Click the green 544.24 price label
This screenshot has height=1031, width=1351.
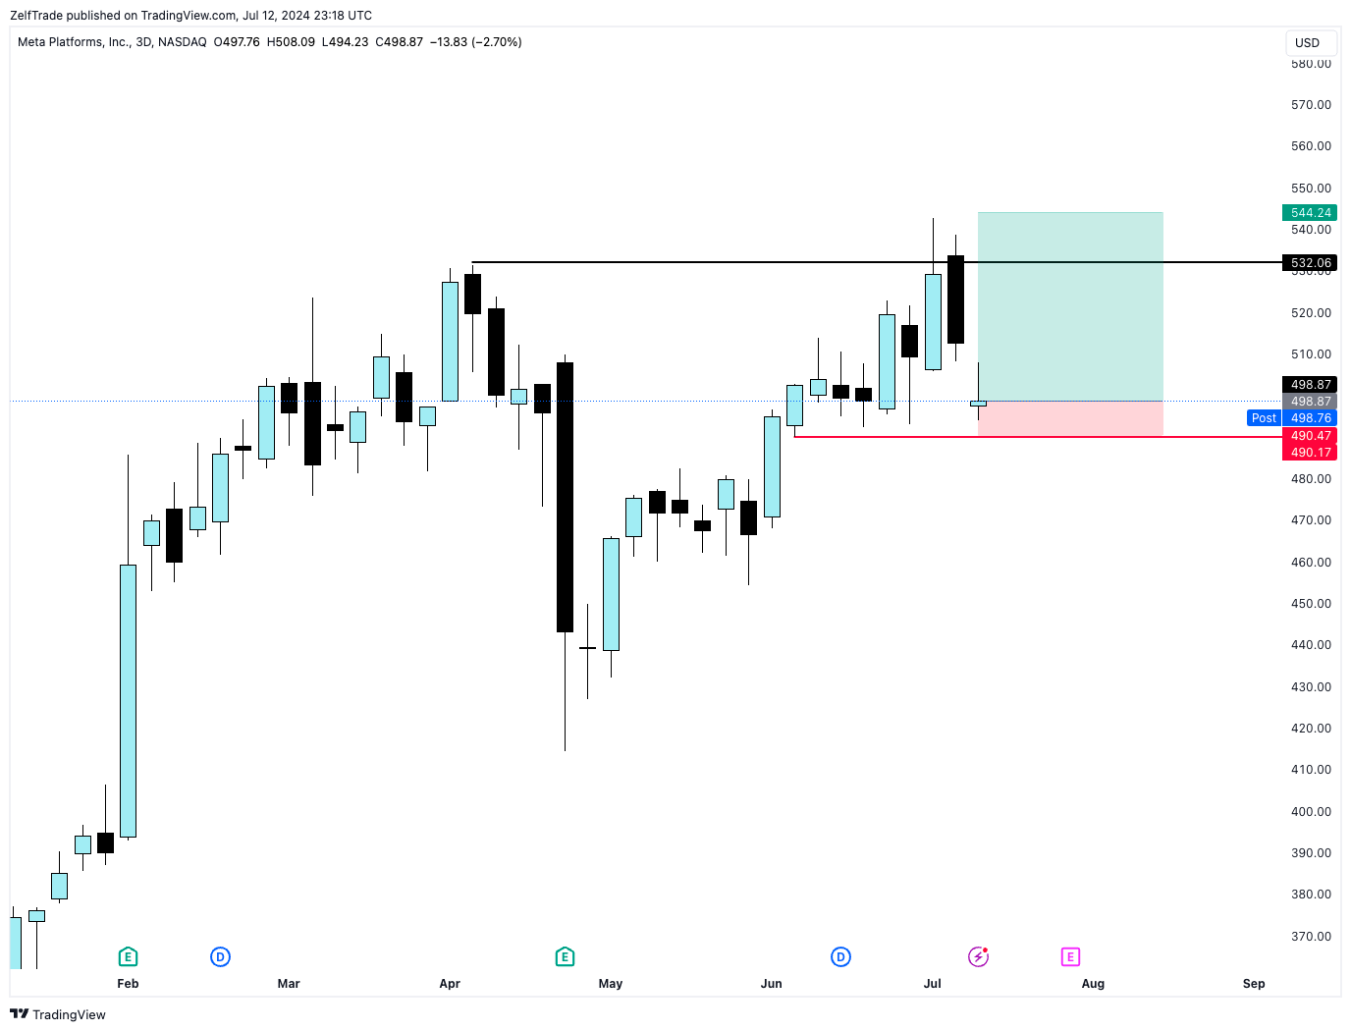tap(1310, 213)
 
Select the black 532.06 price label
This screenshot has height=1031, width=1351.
tap(1310, 263)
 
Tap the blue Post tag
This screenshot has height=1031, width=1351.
tap(1264, 418)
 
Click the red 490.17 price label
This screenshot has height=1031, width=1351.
tap(1310, 453)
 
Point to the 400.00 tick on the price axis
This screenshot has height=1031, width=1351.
tap(1311, 812)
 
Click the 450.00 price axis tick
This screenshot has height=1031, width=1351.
tap(1311, 604)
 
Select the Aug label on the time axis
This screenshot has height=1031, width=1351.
tap(1093, 984)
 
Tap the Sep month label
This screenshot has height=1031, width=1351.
tap(1254, 984)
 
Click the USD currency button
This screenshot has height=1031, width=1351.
tap(1308, 43)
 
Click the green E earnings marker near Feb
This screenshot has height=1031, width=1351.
tap(128, 956)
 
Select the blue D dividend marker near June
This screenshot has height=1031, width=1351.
tap(840, 956)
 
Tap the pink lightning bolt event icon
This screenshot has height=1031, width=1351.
tap(978, 956)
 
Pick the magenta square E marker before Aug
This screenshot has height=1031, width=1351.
tap(1070, 956)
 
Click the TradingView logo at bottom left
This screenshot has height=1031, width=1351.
tap(58, 1014)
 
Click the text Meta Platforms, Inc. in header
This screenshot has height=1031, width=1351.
tap(74, 42)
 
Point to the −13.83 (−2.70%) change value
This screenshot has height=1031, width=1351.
tap(475, 42)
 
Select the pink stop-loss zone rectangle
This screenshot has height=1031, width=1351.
tap(1070, 418)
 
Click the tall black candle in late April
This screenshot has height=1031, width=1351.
tap(565, 497)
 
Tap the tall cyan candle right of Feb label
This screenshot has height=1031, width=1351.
tap(128, 701)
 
